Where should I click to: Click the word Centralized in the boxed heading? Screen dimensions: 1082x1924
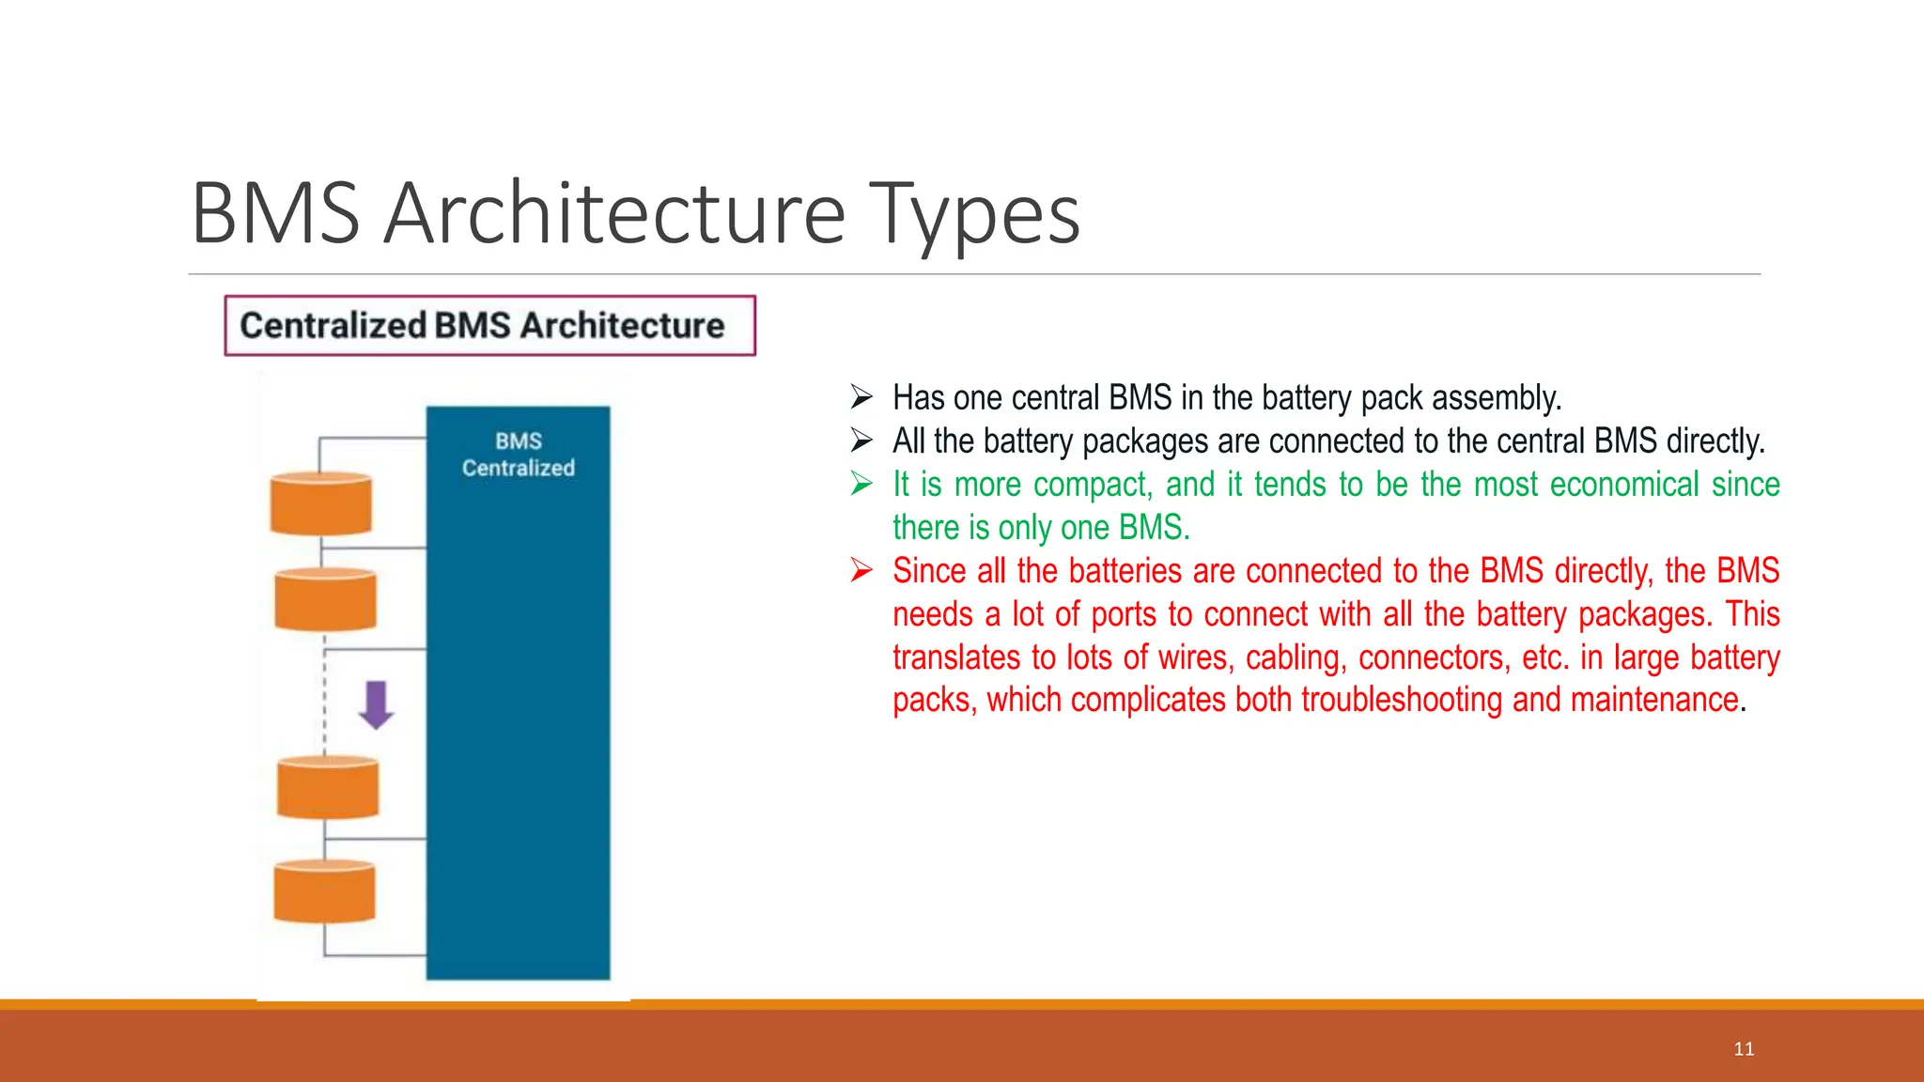click(333, 326)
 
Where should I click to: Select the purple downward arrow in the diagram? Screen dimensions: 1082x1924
click(376, 704)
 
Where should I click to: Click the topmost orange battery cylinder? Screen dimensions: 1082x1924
click(321, 504)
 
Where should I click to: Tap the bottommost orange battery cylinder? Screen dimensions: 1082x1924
click(324, 891)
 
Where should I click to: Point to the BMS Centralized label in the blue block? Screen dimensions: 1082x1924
click(518, 455)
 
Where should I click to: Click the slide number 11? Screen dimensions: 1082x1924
click(1744, 1049)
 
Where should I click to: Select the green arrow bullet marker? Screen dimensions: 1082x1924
click(861, 484)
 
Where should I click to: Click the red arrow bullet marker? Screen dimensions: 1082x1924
click(861, 570)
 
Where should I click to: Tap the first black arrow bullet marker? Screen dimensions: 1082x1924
click(861, 397)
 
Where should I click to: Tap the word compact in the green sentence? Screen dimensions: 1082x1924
click(1093, 485)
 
